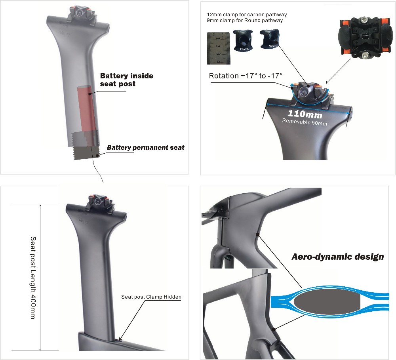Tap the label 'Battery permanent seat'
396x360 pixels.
pos(145,148)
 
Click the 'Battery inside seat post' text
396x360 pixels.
pos(127,80)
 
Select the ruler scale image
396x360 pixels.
pos(219,48)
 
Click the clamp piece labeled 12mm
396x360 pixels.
pos(243,40)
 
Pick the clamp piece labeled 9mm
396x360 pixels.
pos(269,39)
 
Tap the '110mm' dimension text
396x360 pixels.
pos(305,114)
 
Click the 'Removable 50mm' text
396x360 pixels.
pos(304,122)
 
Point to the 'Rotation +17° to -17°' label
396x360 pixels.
pos(246,76)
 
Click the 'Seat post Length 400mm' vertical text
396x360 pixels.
pos(33,278)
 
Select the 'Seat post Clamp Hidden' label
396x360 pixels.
pos(151,297)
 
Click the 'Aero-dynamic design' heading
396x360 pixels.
pos(338,257)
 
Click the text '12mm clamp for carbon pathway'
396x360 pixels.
pos(247,15)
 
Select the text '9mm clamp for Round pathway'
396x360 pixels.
pos(245,21)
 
